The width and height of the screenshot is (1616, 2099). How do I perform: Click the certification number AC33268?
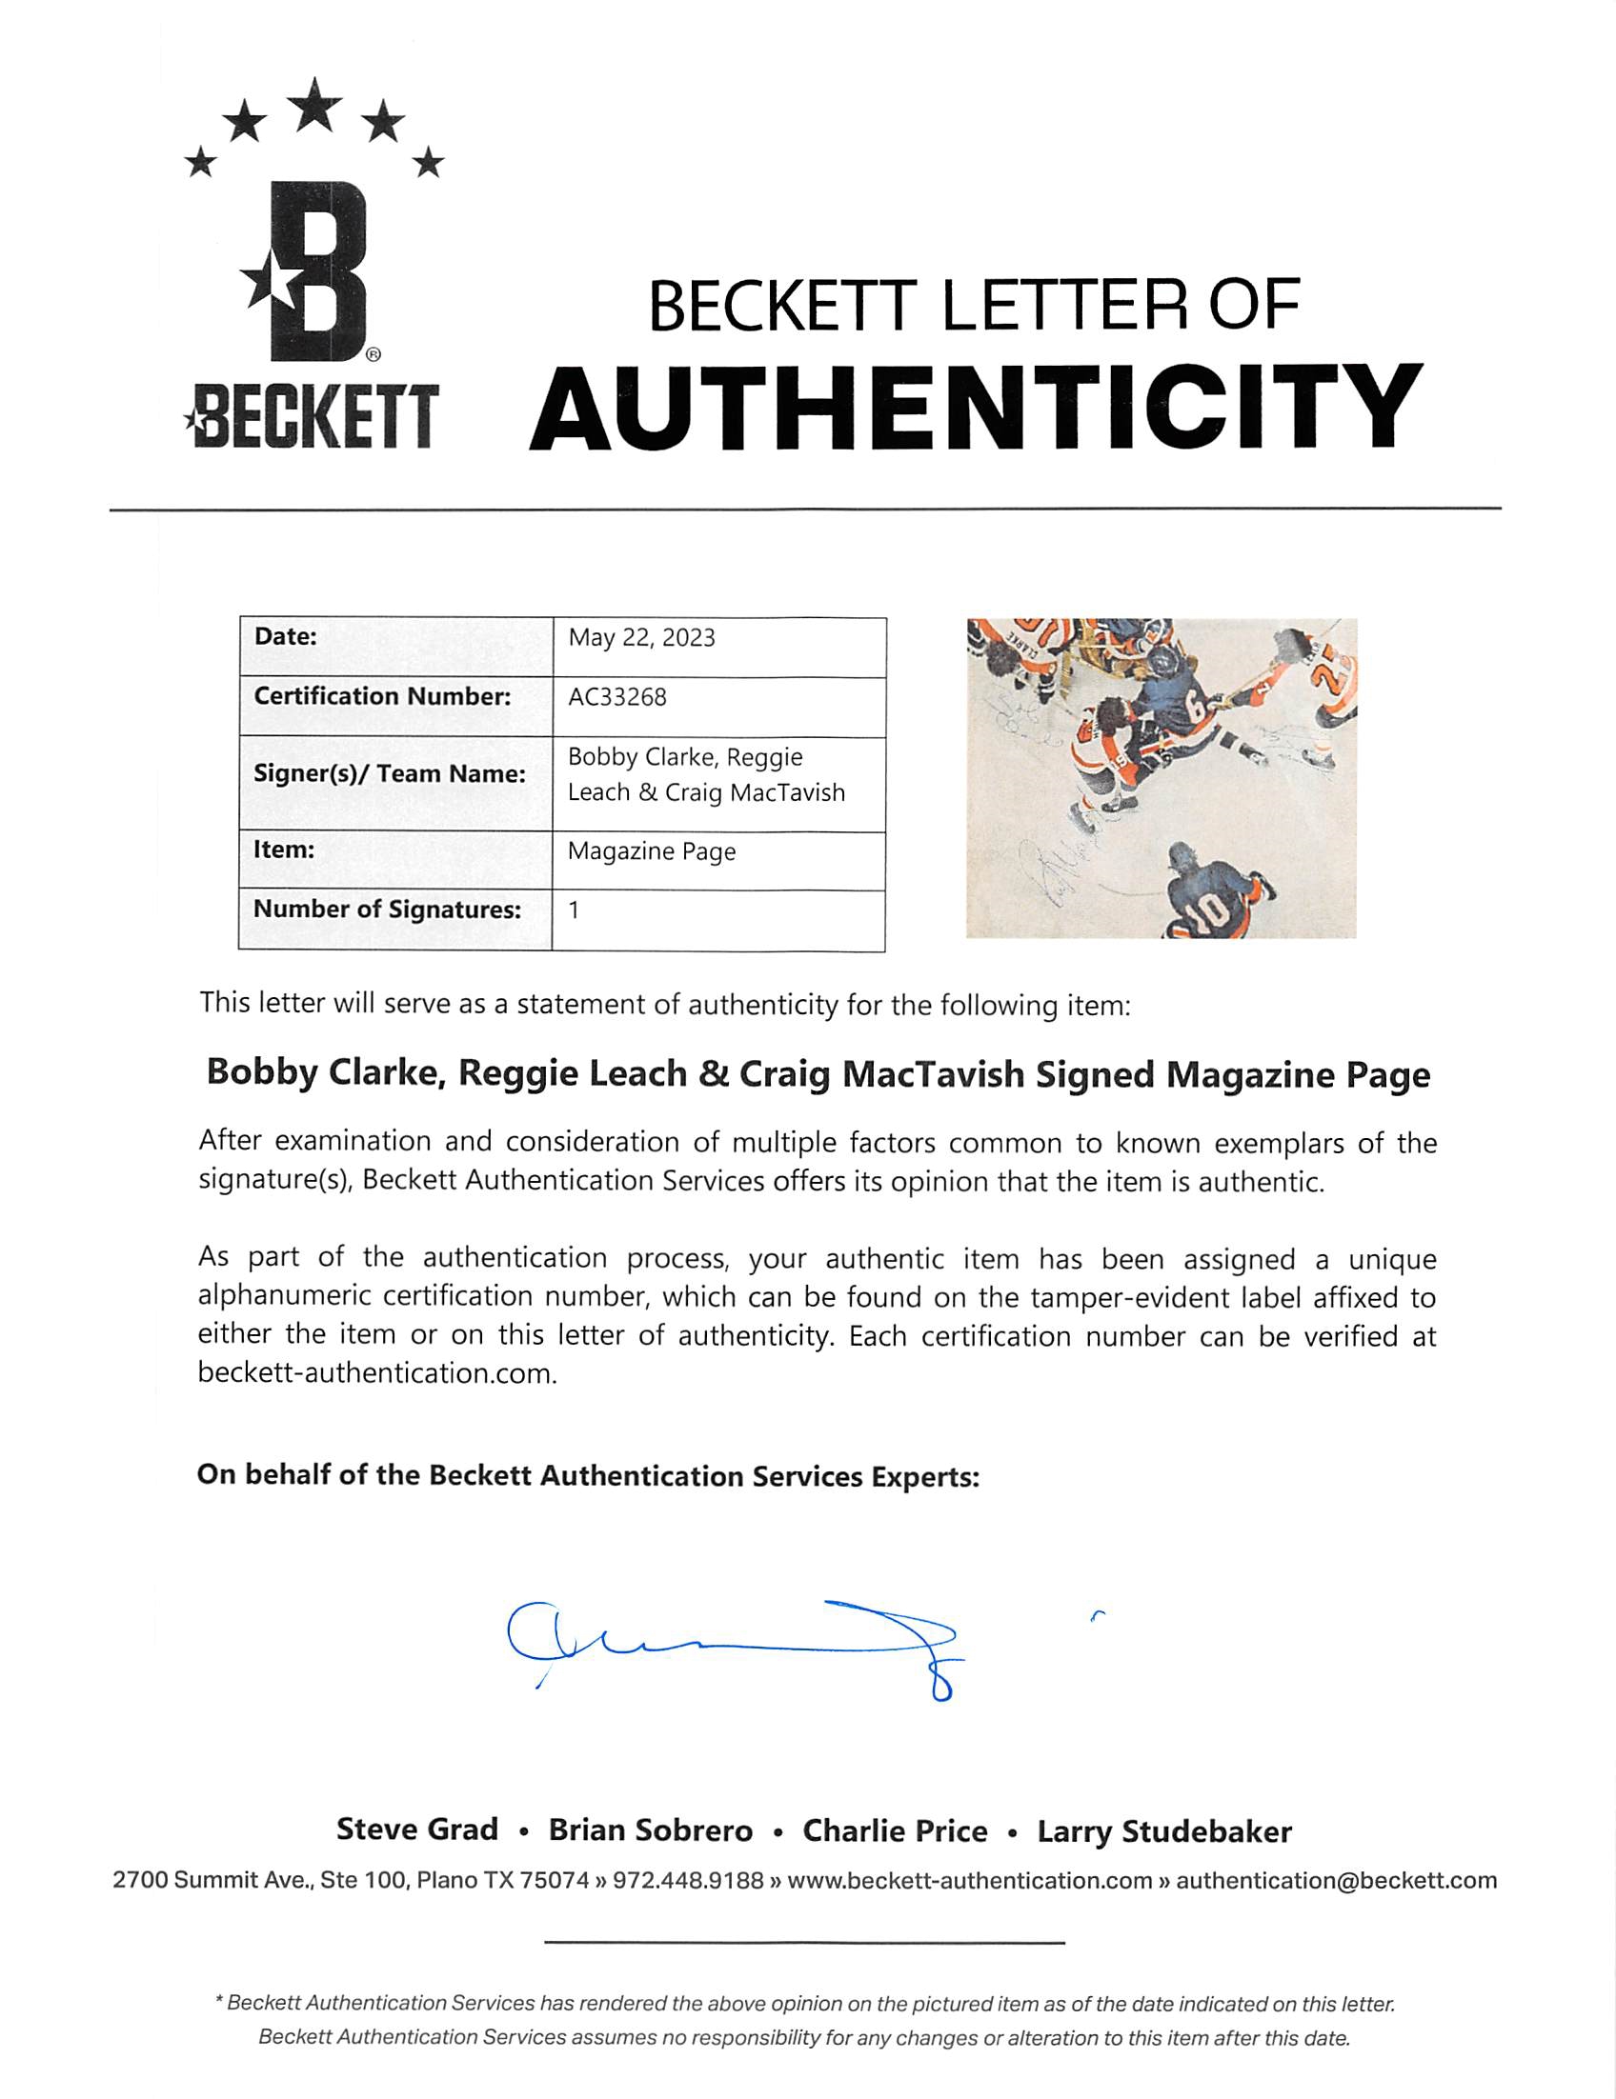pyautogui.click(x=616, y=697)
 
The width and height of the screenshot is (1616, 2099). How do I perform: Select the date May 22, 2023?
pyautogui.click(x=641, y=638)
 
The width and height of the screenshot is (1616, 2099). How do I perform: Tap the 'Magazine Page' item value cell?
pyautogui.click(x=652, y=851)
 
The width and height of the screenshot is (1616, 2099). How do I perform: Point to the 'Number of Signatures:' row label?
pyautogui.click(x=387, y=910)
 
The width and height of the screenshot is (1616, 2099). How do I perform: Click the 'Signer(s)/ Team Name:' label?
pyautogui.click(x=390, y=773)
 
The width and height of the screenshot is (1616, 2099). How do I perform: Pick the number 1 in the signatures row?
pyautogui.click(x=574, y=910)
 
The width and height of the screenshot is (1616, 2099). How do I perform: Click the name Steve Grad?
pyautogui.click(x=417, y=1829)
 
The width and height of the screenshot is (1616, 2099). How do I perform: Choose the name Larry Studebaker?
pyautogui.click(x=1163, y=1831)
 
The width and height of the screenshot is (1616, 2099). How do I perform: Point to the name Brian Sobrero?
pyautogui.click(x=651, y=1830)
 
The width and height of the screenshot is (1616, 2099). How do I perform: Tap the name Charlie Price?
pyautogui.click(x=895, y=1830)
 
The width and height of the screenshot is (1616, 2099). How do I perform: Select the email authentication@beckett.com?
pyautogui.click(x=1336, y=1881)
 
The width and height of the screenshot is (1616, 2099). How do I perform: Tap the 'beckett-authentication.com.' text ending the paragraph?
pyautogui.click(x=378, y=1373)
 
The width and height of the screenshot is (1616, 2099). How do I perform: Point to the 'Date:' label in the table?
pyautogui.click(x=286, y=636)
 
